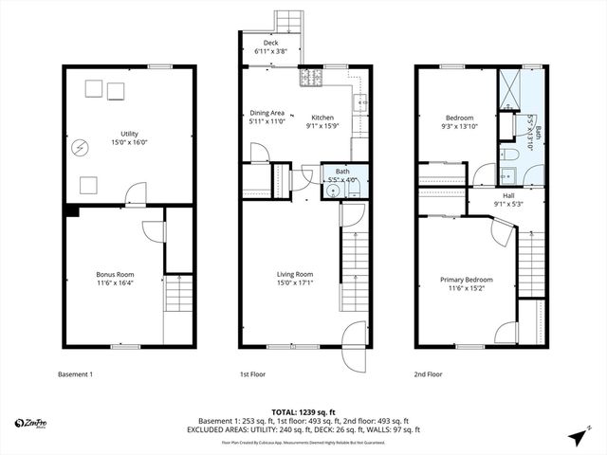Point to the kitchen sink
[359, 103]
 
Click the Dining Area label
[267, 112]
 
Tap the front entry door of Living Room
[353, 333]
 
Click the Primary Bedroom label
[465, 280]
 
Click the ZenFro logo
[33, 422]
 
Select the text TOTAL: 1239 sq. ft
[303, 412]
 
